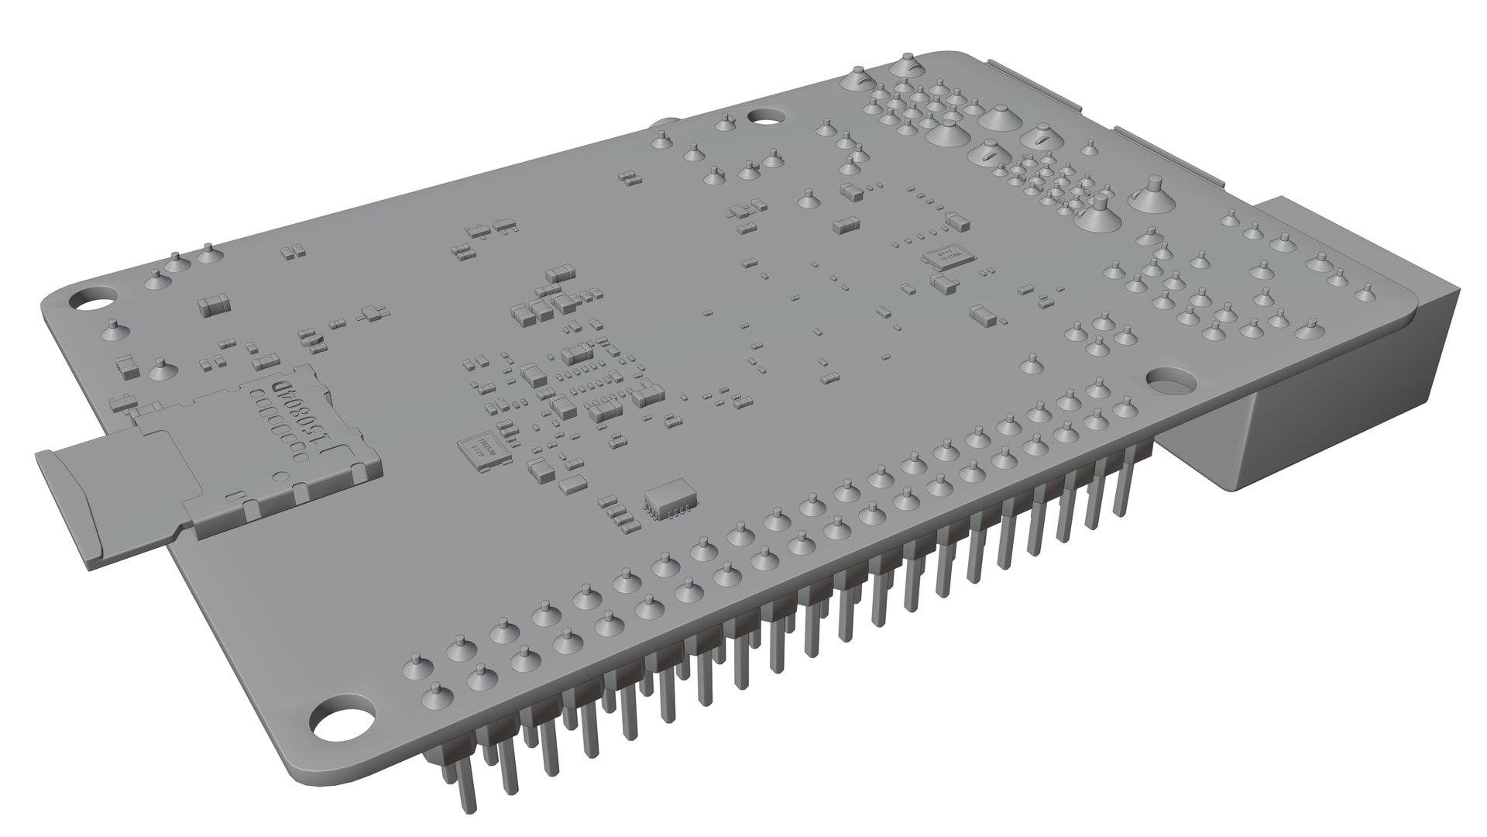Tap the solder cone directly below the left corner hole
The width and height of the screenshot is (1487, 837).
113,332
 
